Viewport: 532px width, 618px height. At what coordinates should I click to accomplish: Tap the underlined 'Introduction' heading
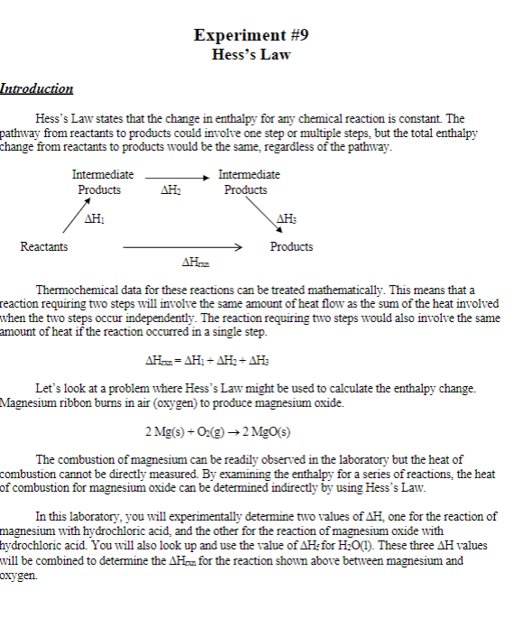[x=37, y=88]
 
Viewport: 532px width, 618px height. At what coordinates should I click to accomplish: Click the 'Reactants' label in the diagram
[x=43, y=246]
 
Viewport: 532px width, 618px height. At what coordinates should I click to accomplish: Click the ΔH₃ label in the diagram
[x=287, y=218]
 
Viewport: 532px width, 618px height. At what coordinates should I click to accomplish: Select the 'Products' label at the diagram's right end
[x=292, y=246]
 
